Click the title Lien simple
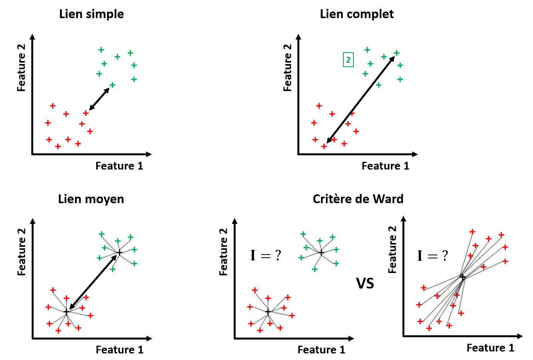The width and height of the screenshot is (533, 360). pos(92,14)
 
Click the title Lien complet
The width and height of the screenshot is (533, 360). pos(356,14)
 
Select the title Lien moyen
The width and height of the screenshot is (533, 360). pos(91,199)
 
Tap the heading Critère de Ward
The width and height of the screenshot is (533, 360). pos(358,199)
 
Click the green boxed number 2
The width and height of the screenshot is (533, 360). pos(348,60)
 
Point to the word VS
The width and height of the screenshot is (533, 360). pos(365,284)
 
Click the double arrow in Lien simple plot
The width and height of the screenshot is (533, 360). pos(99,99)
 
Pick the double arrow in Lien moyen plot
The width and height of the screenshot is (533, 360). pos(93,282)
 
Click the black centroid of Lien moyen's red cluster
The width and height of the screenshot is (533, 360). pos(66,312)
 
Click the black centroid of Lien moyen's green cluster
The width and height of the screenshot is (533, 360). pos(119,253)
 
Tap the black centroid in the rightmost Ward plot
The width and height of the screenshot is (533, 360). pos(462,277)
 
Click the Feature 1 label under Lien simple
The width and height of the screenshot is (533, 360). pos(119,166)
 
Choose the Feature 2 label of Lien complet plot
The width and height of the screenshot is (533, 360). pos(287,68)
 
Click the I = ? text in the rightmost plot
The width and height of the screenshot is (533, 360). pos(433,256)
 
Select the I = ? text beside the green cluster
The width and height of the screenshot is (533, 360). pos(266,255)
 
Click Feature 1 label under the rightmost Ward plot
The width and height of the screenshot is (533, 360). pos(491,348)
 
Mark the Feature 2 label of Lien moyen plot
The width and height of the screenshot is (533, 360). pos(22,252)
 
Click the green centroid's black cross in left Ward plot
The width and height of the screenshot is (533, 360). pos(321,253)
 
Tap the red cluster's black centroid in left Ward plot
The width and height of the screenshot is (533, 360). pos(268,312)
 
